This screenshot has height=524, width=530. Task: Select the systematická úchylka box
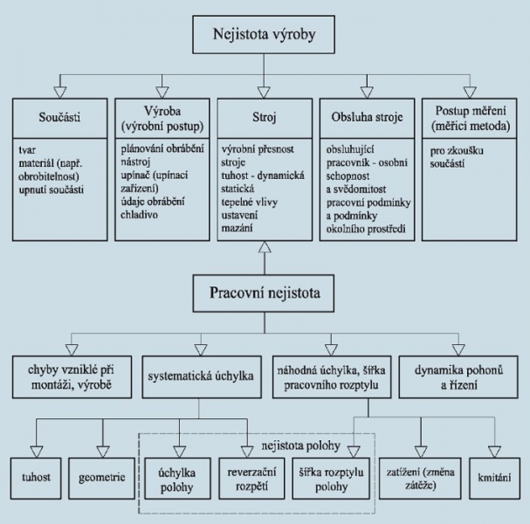tap(200, 375)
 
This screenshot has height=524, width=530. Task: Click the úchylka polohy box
tap(177, 478)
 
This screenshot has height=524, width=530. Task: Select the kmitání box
tap(497, 478)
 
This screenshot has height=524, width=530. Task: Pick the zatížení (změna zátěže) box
tap(420, 478)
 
